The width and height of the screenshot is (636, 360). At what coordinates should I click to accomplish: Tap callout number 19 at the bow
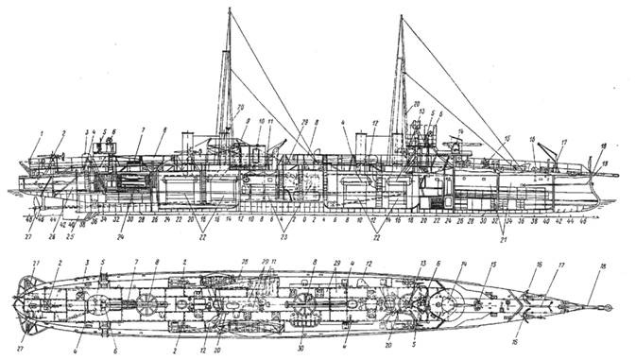point(605,165)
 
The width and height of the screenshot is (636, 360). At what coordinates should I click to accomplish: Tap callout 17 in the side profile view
point(563,143)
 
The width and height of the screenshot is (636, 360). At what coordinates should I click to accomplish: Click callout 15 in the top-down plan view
point(492,266)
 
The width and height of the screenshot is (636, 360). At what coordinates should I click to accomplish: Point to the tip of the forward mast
point(403,16)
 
